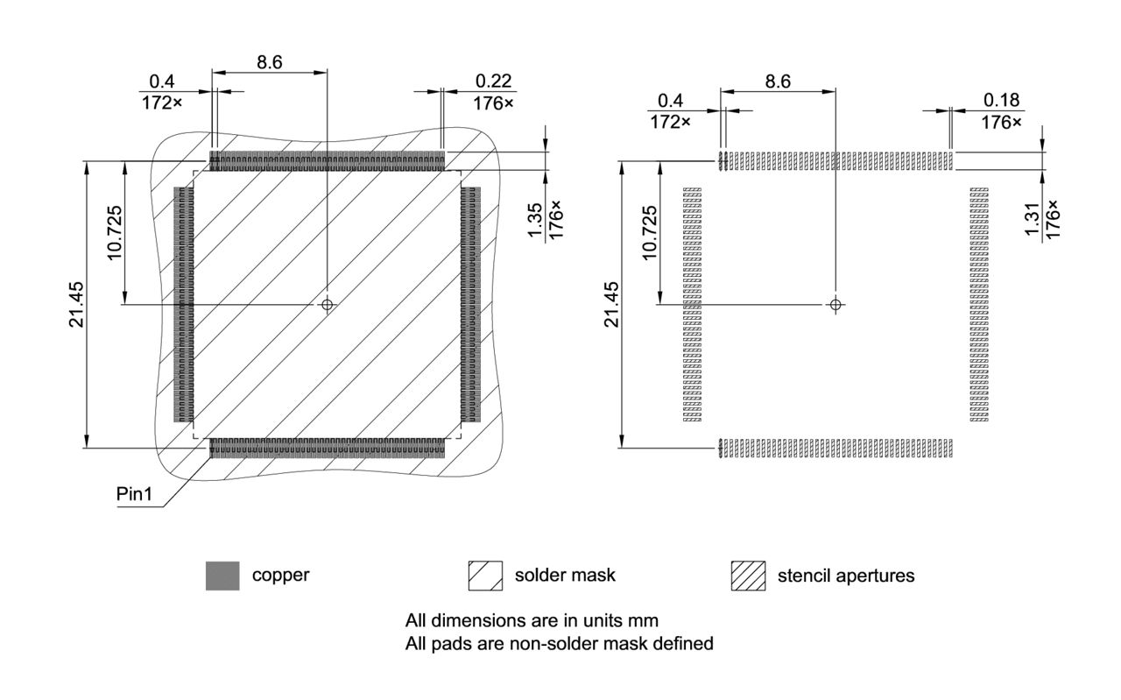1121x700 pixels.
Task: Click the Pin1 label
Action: (x=134, y=494)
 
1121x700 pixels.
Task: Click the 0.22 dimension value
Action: (x=493, y=81)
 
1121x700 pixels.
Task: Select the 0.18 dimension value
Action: (x=1001, y=101)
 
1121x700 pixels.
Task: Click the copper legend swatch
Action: (x=222, y=576)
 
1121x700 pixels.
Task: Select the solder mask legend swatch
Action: (x=485, y=576)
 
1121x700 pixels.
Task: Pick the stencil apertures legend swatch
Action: (x=748, y=576)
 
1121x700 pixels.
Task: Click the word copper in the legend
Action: (x=280, y=576)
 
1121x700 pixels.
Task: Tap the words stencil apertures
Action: (x=845, y=576)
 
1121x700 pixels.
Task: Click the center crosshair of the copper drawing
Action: (x=328, y=304)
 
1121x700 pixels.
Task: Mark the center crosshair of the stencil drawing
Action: (x=835, y=304)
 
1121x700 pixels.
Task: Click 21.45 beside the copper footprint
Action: (x=77, y=304)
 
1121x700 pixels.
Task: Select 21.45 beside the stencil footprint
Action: (x=611, y=304)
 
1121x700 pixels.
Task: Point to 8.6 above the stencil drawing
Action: (x=778, y=81)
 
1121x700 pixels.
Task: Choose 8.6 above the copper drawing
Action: (x=270, y=62)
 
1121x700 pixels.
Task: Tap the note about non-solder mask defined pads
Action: (x=559, y=644)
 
